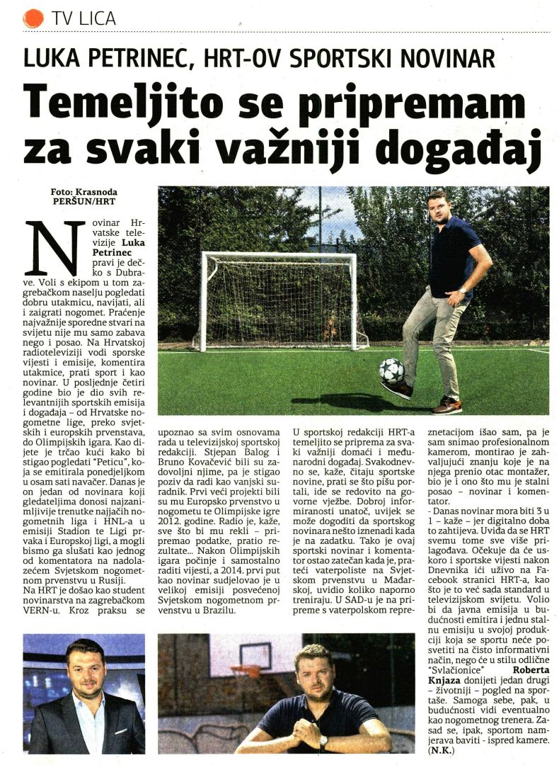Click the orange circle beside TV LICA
click(x=33, y=18)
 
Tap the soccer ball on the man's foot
click(x=391, y=370)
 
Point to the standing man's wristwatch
click(x=462, y=290)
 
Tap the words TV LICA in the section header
click(x=83, y=18)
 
